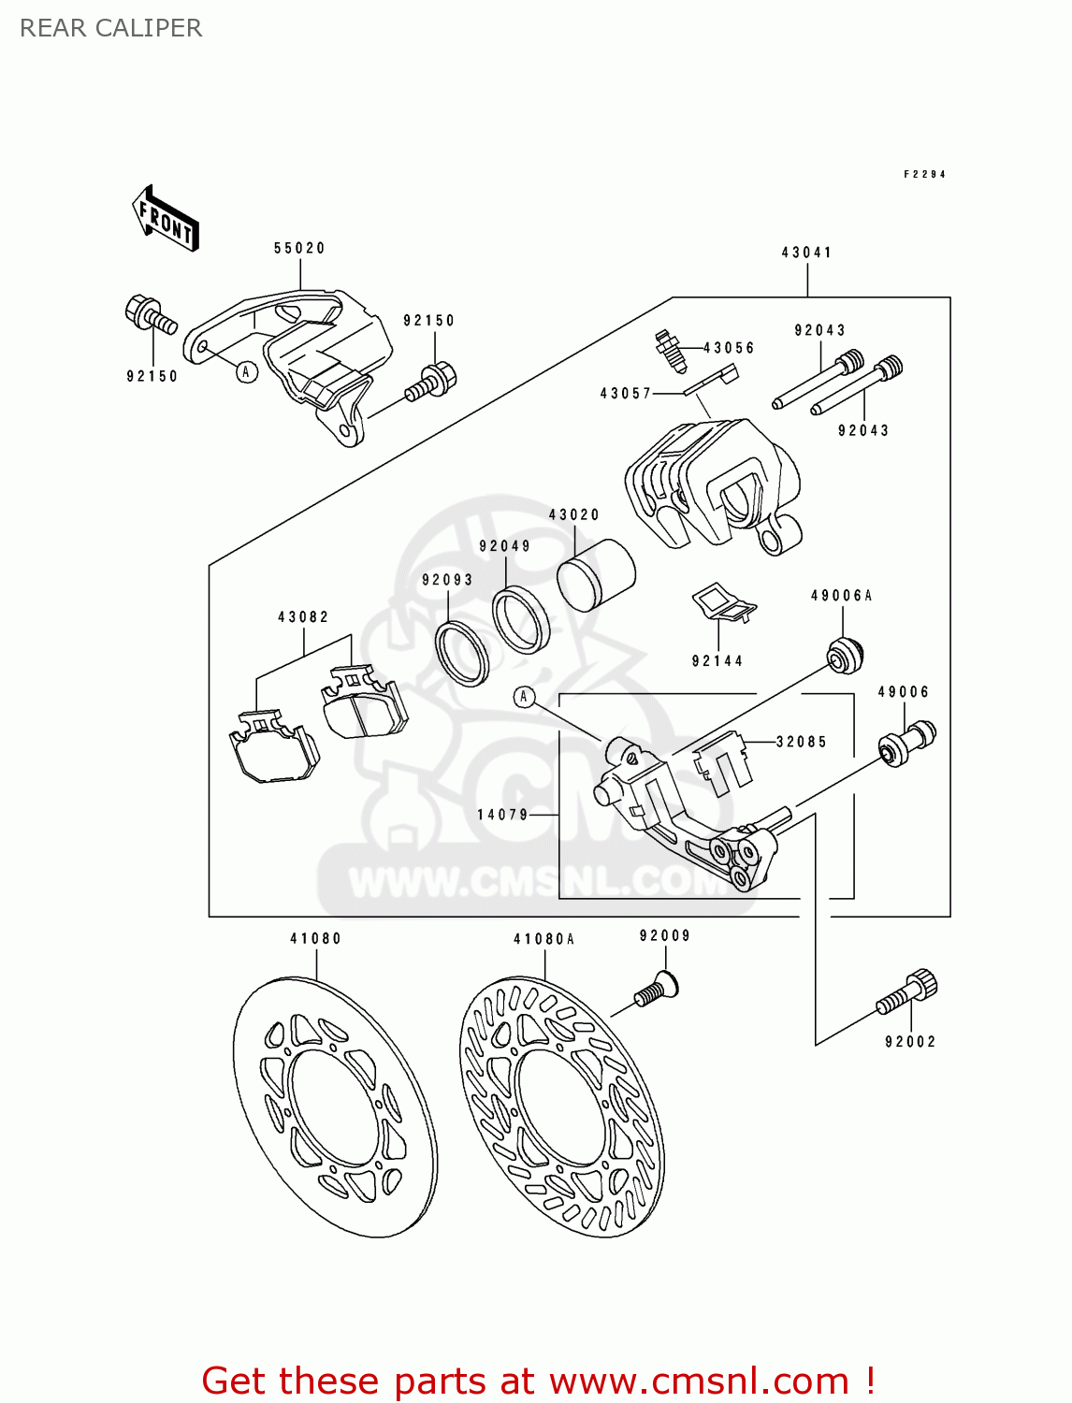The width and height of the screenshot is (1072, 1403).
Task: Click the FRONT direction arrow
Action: point(167,219)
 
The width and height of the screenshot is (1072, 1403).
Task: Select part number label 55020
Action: point(299,248)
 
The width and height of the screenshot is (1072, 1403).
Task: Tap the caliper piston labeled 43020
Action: point(596,574)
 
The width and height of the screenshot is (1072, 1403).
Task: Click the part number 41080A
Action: point(543,939)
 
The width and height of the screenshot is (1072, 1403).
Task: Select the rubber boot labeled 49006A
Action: point(845,653)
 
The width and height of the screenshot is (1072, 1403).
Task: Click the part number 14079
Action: point(503,815)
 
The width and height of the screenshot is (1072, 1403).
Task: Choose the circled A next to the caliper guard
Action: point(246,371)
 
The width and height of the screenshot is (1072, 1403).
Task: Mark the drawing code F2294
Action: point(924,174)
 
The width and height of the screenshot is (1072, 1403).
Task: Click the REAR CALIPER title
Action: point(110,28)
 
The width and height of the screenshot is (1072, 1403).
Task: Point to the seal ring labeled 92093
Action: point(461,651)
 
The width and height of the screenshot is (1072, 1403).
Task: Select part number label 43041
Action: point(806,253)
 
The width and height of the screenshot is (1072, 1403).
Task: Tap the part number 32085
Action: point(801,742)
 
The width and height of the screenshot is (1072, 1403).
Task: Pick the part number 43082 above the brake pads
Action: point(303,617)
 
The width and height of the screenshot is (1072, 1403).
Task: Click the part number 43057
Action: point(625,394)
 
